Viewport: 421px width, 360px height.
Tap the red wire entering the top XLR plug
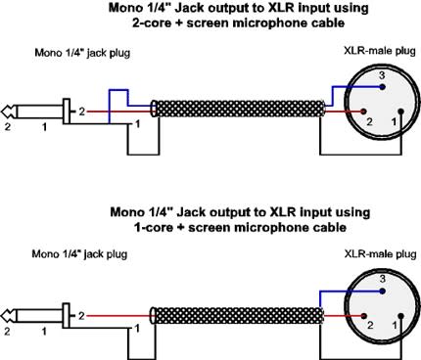(338, 112)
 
